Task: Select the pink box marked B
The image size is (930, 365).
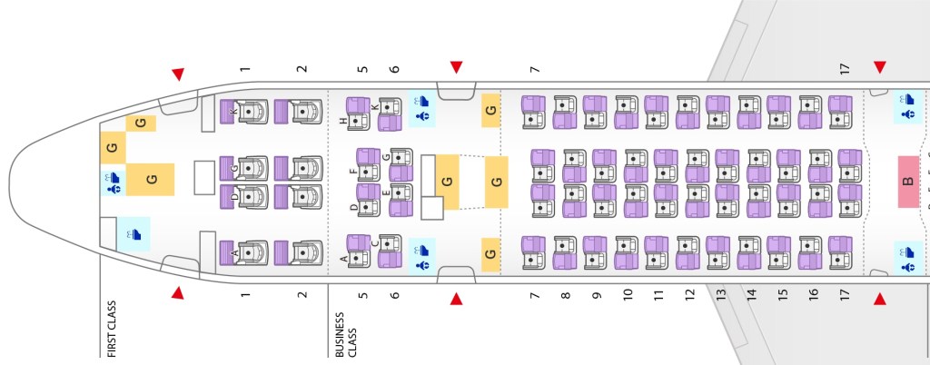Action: (907, 179)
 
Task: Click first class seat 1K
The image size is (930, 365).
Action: (245, 112)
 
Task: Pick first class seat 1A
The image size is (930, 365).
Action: (245, 252)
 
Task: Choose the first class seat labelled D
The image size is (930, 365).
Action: (245, 194)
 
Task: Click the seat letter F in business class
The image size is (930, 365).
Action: (354, 169)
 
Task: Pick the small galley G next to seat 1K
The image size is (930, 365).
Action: (140, 123)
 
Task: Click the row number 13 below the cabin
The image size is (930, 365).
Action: (721, 294)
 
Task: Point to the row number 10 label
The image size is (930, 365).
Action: (628, 294)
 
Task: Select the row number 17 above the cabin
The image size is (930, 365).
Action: (845, 69)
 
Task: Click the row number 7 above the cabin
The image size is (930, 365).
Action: (536, 69)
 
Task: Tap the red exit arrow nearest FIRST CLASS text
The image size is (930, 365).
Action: (178, 293)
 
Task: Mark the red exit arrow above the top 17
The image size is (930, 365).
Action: (879, 67)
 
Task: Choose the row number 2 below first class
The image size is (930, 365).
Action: (302, 294)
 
